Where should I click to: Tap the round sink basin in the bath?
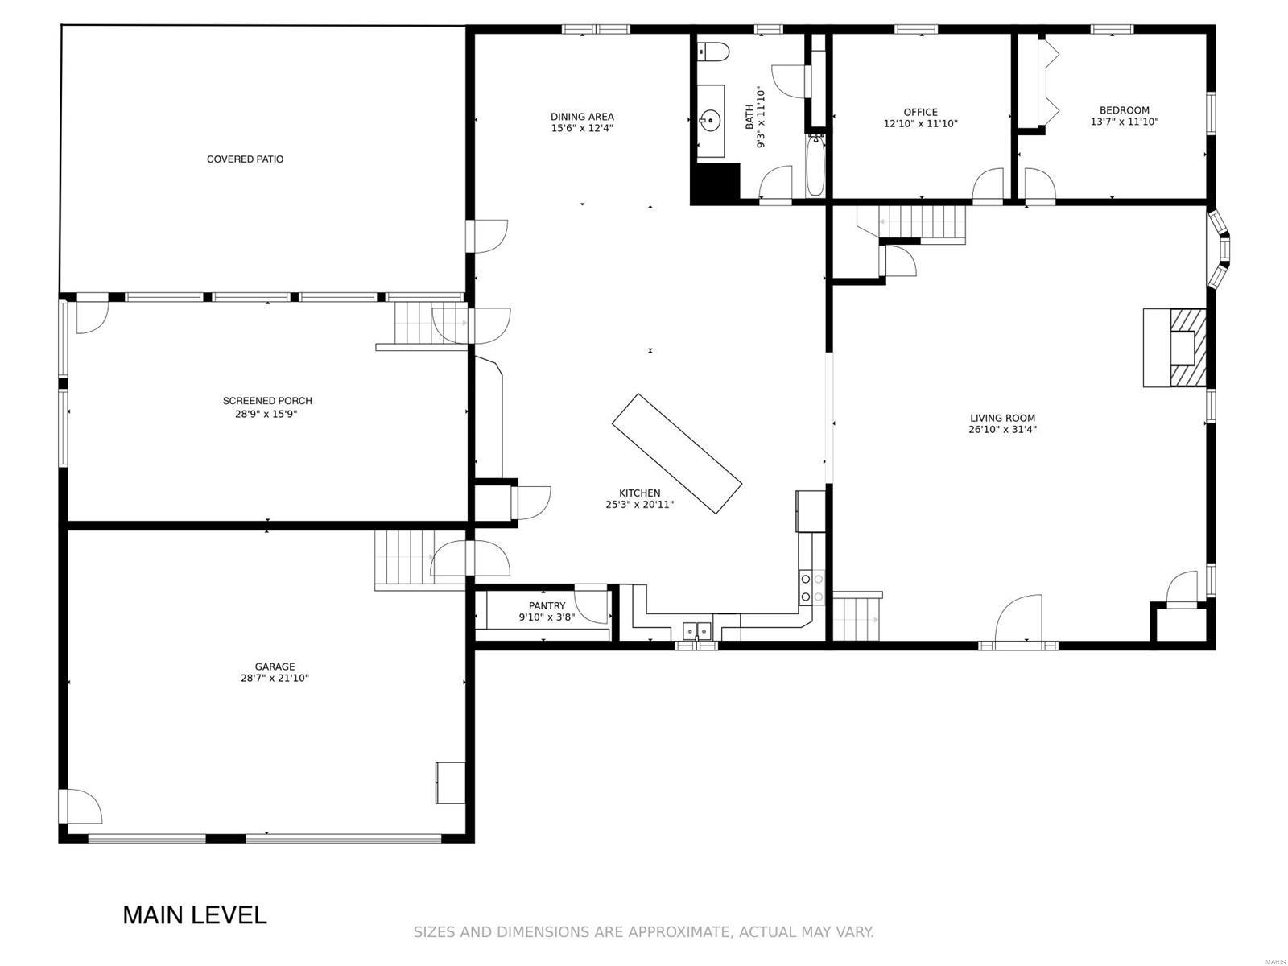click(x=710, y=122)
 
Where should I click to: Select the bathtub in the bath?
click(x=815, y=165)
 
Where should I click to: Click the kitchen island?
click(x=676, y=453)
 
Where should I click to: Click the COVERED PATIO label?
click(x=246, y=159)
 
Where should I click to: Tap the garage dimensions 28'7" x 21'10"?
click(x=275, y=679)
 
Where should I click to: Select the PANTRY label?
click(x=547, y=606)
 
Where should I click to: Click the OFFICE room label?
click(x=921, y=112)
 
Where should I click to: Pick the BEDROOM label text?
click(x=1125, y=110)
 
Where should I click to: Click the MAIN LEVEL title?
click(x=195, y=915)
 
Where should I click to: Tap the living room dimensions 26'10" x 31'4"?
click(x=1002, y=429)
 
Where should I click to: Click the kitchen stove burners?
click(x=812, y=588)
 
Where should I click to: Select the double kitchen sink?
click(x=697, y=630)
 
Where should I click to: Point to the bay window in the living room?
click(x=1220, y=249)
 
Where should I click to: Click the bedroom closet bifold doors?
click(x=1049, y=82)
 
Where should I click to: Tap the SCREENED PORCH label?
click(x=267, y=401)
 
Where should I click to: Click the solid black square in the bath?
click(x=715, y=184)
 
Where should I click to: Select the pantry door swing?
click(x=591, y=604)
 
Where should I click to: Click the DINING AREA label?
click(x=582, y=117)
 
